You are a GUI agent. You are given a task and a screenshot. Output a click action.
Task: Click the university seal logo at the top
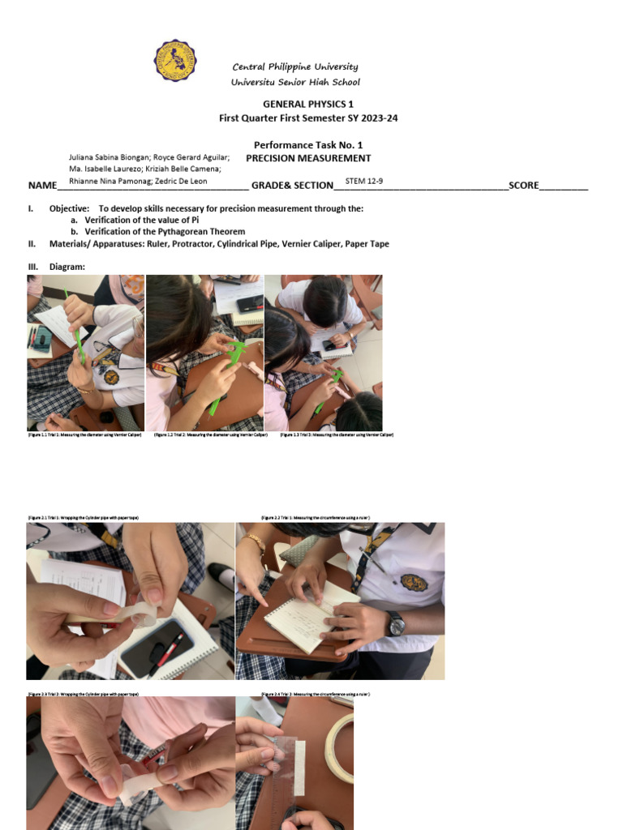[175, 60]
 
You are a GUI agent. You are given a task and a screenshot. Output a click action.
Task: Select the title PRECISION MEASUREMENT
[308, 159]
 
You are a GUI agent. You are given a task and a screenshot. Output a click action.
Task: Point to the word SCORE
[523, 186]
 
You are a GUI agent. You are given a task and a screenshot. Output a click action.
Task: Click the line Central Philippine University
[295, 66]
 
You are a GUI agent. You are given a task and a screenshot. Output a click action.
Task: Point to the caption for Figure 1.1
[85, 435]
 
